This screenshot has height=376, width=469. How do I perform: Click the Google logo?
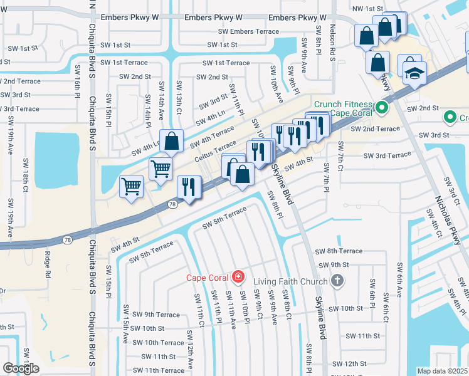click(x=21, y=368)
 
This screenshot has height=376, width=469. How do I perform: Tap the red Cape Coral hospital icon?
click(x=238, y=276)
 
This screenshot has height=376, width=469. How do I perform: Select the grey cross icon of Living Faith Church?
click(x=337, y=280)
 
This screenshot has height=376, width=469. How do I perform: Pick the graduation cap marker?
click(x=414, y=74)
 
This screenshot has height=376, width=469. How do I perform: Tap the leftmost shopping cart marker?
click(x=132, y=185)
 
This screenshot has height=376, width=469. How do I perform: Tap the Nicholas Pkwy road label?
click(x=448, y=219)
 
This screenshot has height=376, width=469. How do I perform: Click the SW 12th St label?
click(x=350, y=363)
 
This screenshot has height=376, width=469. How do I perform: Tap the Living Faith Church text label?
click(x=290, y=281)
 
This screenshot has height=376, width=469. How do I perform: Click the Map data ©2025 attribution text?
click(x=443, y=371)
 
